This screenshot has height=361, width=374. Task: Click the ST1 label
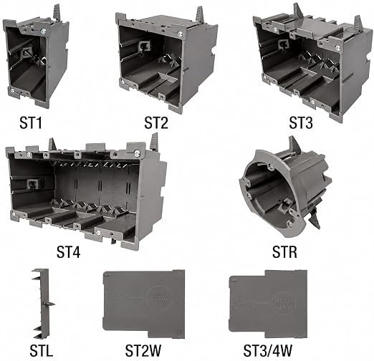pos(31,123)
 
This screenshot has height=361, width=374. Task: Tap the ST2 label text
pos(156,123)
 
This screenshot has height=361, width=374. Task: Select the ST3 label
pos(301,123)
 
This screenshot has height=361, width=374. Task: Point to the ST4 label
pos(68,252)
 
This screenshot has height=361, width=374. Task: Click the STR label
pos(284,252)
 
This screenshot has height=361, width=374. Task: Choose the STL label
pos(41,351)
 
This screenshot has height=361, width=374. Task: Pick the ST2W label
pos(143,351)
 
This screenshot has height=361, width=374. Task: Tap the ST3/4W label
pos(267,351)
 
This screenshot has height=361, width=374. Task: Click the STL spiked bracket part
pos(43,304)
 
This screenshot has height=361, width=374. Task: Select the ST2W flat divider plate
pos(143,304)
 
